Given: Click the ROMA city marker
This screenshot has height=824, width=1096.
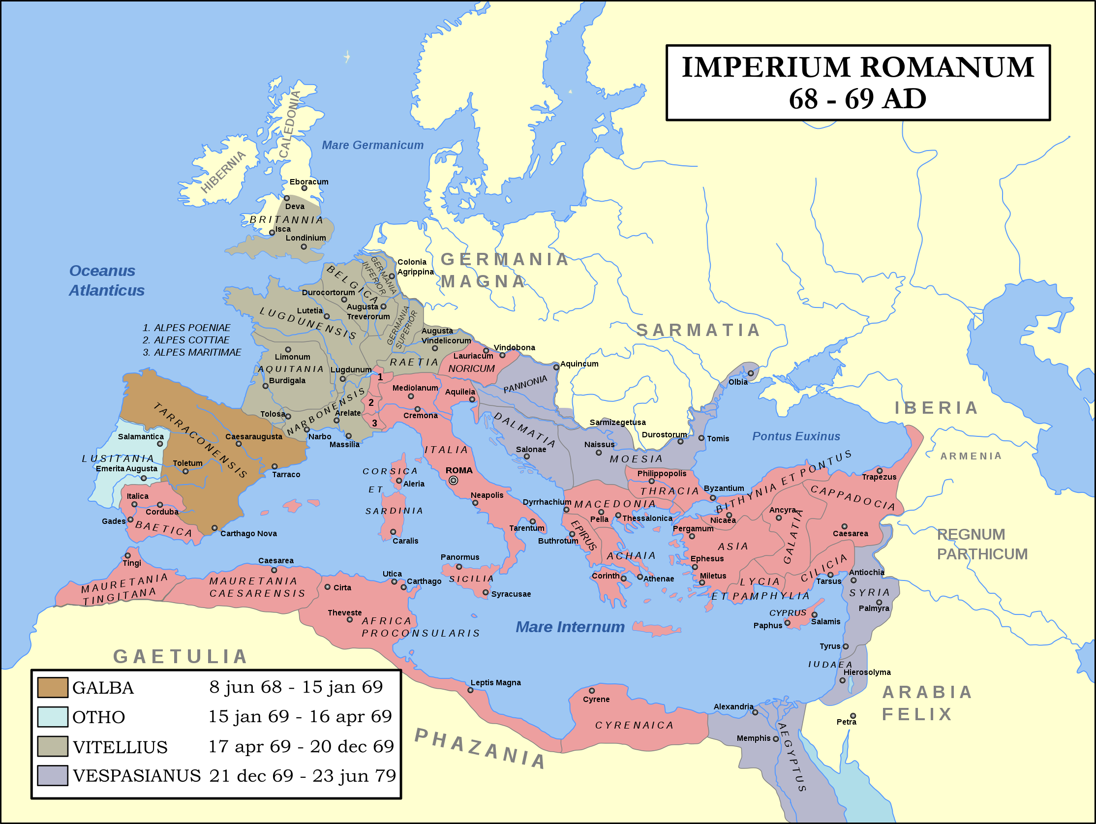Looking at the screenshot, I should pyautogui.click(x=453, y=480).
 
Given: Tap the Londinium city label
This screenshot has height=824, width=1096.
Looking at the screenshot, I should pyautogui.click(x=305, y=238).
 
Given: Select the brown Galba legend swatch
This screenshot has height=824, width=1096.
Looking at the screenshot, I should pyautogui.click(x=53, y=687).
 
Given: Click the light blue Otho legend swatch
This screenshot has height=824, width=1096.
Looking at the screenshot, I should pyautogui.click(x=53, y=716).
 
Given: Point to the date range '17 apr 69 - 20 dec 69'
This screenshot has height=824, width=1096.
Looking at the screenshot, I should pyautogui.click(x=301, y=746).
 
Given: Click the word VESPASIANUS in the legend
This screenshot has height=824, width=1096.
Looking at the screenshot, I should pyautogui.click(x=137, y=775).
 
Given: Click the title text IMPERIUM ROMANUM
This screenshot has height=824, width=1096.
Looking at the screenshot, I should pyautogui.click(x=858, y=67).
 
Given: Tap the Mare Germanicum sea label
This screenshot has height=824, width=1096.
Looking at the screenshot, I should pyautogui.click(x=372, y=145).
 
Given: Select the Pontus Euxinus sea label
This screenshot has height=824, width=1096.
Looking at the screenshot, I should pyautogui.click(x=796, y=436).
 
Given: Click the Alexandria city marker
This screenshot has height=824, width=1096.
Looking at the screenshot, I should pyautogui.click(x=755, y=712).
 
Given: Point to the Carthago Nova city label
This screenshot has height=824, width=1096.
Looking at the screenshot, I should pyautogui.click(x=248, y=534).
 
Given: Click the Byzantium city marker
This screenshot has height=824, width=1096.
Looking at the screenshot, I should pyautogui.click(x=713, y=498).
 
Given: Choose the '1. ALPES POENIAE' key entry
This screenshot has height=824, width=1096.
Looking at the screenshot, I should pyautogui.click(x=186, y=328).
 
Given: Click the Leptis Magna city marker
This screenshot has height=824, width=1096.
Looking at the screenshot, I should pyautogui.click(x=470, y=690).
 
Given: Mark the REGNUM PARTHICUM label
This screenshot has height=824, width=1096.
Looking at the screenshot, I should pyautogui.click(x=981, y=544).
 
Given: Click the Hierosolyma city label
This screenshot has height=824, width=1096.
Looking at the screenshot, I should pyautogui.click(x=867, y=672).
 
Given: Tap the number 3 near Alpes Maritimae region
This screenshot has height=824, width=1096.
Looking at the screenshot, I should pyautogui.click(x=374, y=423).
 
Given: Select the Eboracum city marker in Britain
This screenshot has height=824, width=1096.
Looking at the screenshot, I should pyautogui.click(x=304, y=188).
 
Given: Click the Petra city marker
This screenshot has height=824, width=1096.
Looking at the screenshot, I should pyautogui.click(x=853, y=716).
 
